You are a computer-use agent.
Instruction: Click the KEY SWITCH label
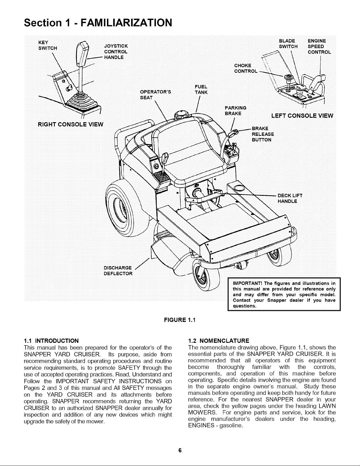(x=48, y=45)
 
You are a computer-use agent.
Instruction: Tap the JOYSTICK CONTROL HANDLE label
(x=116, y=52)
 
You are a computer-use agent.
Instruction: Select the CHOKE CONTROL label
(x=246, y=68)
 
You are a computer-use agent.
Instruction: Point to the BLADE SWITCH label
(x=288, y=44)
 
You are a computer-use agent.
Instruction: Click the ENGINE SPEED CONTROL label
(x=319, y=46)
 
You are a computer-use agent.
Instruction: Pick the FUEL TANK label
(x=201, y=89)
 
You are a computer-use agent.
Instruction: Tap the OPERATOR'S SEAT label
(x=155, y=95)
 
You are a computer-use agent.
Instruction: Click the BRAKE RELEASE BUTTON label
(x=263, y=134)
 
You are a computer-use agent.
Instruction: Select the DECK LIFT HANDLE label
(x=290, y=198)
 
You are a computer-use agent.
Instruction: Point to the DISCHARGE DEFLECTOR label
(x=118, y=271)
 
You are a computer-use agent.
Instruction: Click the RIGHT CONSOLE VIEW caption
(x=71, y=124)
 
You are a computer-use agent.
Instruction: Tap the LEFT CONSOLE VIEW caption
(x=302, y=116)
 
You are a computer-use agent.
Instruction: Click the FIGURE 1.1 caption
(x=180, y=320)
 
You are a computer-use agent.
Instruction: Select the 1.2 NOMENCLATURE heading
(x=219, y=341)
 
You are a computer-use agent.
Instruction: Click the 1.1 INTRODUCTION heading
(x=51, y=341)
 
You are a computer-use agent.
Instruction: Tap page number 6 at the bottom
(x=180, y=450)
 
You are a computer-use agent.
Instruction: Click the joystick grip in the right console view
(x=83, y=54)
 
